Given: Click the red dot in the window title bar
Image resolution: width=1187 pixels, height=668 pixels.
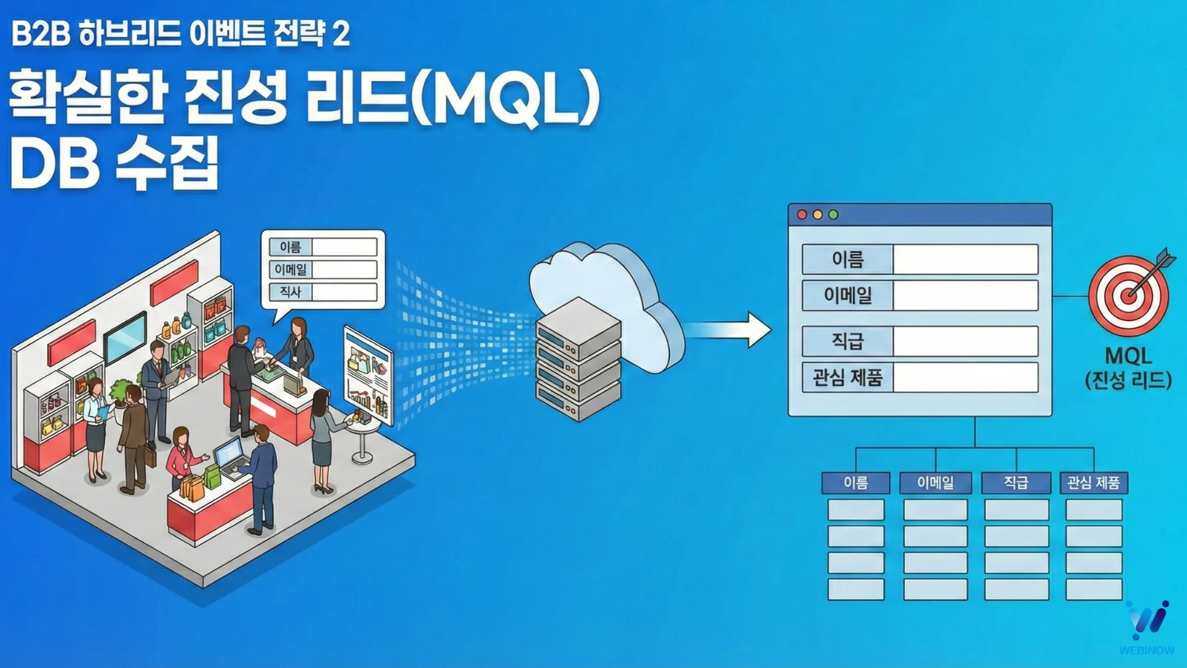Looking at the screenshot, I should coord(802,215).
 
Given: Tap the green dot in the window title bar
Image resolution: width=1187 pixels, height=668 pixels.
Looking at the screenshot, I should coord(833,215).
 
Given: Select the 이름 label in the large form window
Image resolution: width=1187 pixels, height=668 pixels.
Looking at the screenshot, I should coord(848,259).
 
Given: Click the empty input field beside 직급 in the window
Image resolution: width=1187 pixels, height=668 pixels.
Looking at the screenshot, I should coord(965,341).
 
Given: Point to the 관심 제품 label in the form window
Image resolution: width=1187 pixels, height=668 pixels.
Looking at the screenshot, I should coord(848,377).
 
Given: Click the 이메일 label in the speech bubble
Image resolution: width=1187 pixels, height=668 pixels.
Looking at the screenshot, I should coord(291,270).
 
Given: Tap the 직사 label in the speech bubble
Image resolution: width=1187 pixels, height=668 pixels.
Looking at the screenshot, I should coord(291,292).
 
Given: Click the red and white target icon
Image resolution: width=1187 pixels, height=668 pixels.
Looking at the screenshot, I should coord(1129,295).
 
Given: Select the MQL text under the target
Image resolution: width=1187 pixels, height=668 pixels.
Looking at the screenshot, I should coord(1128,356).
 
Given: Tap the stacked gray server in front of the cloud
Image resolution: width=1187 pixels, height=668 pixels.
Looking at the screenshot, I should coord(578,359).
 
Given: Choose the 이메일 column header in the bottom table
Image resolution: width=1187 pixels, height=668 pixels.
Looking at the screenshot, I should coord(935,483).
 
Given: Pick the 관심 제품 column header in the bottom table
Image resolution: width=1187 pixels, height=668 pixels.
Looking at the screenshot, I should coord(1094,483).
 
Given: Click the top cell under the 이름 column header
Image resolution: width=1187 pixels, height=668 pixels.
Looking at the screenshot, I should coord(856,510).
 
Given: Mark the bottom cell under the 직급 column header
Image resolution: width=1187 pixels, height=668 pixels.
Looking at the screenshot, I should coord(1016,589).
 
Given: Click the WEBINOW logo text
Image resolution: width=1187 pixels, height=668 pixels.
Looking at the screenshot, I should coord(1146,650).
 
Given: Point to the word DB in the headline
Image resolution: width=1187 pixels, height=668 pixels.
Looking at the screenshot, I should coord(54,164).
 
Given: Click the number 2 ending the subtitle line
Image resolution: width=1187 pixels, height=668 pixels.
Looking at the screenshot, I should coord(341,33).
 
